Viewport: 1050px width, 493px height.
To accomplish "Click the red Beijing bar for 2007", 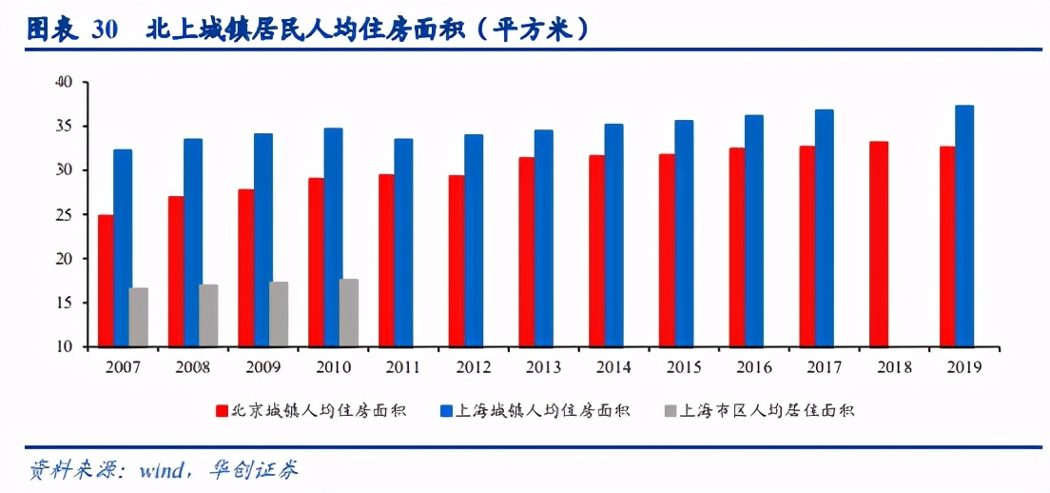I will click(x=106, y=281).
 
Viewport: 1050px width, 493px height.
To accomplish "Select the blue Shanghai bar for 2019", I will click(x=964, y=226).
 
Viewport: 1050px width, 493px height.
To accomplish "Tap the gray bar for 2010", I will click(x=349, y=312).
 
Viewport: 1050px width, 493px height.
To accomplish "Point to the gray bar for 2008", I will click(x=208, y=315).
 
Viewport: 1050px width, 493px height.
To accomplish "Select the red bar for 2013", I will click(x=527, y=251).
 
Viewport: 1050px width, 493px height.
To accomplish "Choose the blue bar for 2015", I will click(x=684, y=233).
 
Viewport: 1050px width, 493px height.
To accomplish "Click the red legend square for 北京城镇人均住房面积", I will click(x=222, y=411).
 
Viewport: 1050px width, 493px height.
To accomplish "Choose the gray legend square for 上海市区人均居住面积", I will click(x=669, y=411).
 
